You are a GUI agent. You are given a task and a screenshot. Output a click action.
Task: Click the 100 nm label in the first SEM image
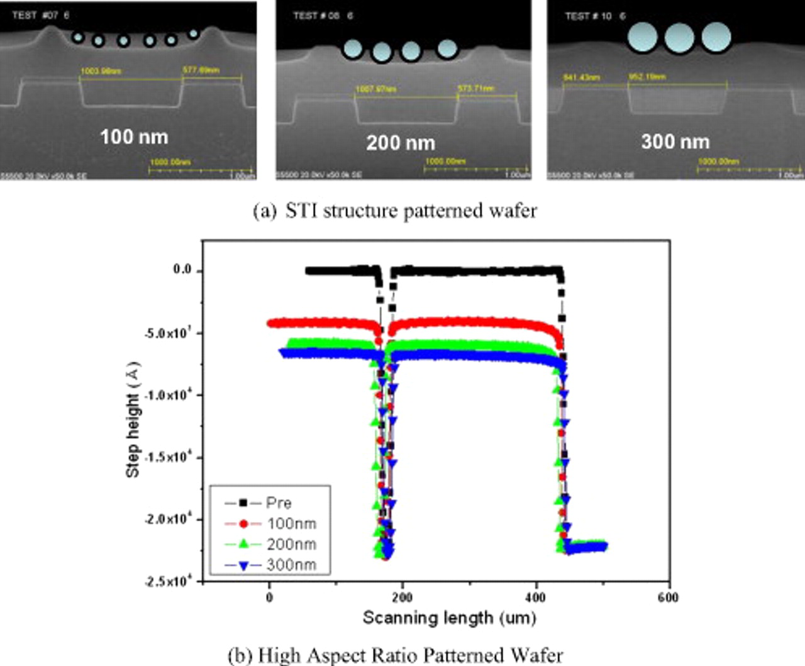134,136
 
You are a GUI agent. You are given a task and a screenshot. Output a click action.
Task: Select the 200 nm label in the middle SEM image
401,143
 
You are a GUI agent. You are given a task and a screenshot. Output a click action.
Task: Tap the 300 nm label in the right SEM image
675,142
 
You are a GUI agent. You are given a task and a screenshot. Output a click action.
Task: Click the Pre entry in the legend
278,502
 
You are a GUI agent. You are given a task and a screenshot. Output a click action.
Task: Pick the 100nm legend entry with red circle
291,523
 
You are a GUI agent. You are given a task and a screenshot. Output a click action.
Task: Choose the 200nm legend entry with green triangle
291,544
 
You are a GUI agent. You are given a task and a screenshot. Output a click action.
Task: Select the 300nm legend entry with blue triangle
291,565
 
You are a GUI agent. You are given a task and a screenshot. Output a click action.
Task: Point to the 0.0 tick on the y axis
182,270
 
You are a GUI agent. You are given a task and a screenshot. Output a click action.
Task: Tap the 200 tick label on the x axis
402,597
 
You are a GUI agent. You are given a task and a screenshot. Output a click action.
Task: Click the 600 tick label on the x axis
668,597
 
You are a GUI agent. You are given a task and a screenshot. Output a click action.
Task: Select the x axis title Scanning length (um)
449,618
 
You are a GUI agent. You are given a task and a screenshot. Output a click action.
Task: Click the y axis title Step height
133,420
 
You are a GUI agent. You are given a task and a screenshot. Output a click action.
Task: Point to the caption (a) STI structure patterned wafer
395,211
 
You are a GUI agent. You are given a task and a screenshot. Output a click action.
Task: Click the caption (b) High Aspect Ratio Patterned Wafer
395,655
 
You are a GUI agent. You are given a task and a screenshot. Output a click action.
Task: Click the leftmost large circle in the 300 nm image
642,37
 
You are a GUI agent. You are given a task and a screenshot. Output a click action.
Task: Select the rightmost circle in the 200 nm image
447,48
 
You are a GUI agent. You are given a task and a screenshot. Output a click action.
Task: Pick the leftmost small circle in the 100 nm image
77,37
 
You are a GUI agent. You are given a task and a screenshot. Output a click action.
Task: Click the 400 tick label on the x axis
535,597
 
